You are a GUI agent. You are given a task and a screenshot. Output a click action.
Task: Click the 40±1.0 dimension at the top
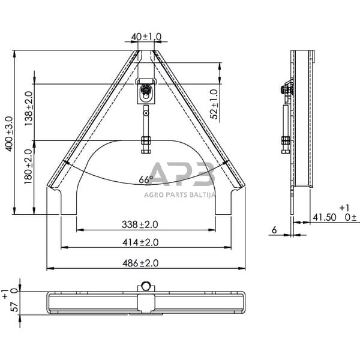(146, 37)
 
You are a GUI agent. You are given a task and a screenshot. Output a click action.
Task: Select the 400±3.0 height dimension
(8, 133)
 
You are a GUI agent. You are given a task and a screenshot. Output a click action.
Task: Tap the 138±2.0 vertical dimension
(28, 107)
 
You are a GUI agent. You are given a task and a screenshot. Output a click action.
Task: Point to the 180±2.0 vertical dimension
(28, 167)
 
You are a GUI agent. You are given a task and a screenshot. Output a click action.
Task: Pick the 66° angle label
(146, 179)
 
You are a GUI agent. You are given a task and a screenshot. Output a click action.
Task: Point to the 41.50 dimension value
(325, 217)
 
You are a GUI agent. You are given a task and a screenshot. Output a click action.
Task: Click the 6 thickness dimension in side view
(274, 229)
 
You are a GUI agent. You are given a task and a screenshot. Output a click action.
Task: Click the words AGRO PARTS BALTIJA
(179, 194)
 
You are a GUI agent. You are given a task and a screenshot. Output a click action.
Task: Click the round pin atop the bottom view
(146, 286)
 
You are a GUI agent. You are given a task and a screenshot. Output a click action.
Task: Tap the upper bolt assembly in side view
(286, 91)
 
